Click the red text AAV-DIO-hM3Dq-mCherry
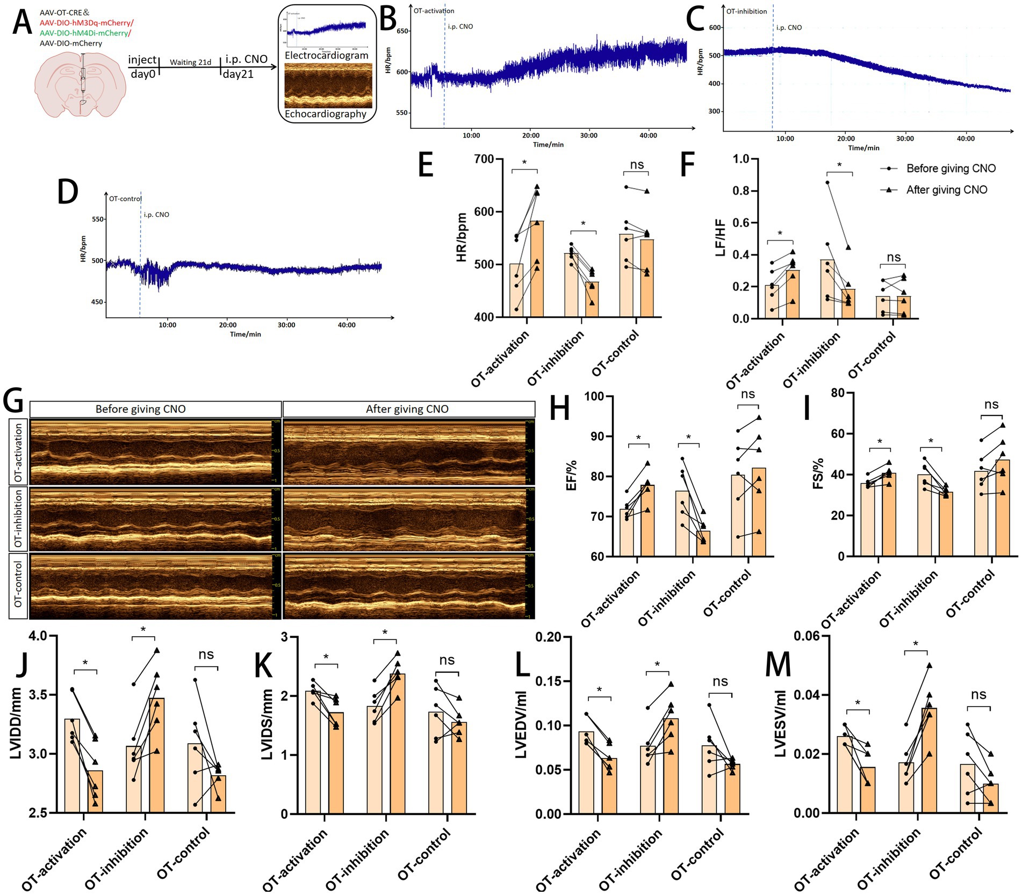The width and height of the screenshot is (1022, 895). coord(86,23)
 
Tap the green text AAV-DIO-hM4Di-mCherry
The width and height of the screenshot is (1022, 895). coord(84,33)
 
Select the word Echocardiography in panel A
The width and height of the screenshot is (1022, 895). coord(326,114)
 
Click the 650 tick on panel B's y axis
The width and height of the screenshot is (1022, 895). coord(402,31)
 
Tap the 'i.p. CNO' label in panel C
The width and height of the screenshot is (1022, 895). coord(789,27)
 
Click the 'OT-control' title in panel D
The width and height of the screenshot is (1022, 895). coord(125,199)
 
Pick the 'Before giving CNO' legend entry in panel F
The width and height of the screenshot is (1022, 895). coord(951,169)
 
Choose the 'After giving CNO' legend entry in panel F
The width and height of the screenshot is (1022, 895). coord(946,190)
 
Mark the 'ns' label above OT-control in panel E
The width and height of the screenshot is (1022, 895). coord(637,165)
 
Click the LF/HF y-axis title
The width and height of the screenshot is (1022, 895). coord(721,238)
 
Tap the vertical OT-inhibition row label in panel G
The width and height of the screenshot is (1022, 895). coord(19,518)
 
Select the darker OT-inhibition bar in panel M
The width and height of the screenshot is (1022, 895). coord(929,760)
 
